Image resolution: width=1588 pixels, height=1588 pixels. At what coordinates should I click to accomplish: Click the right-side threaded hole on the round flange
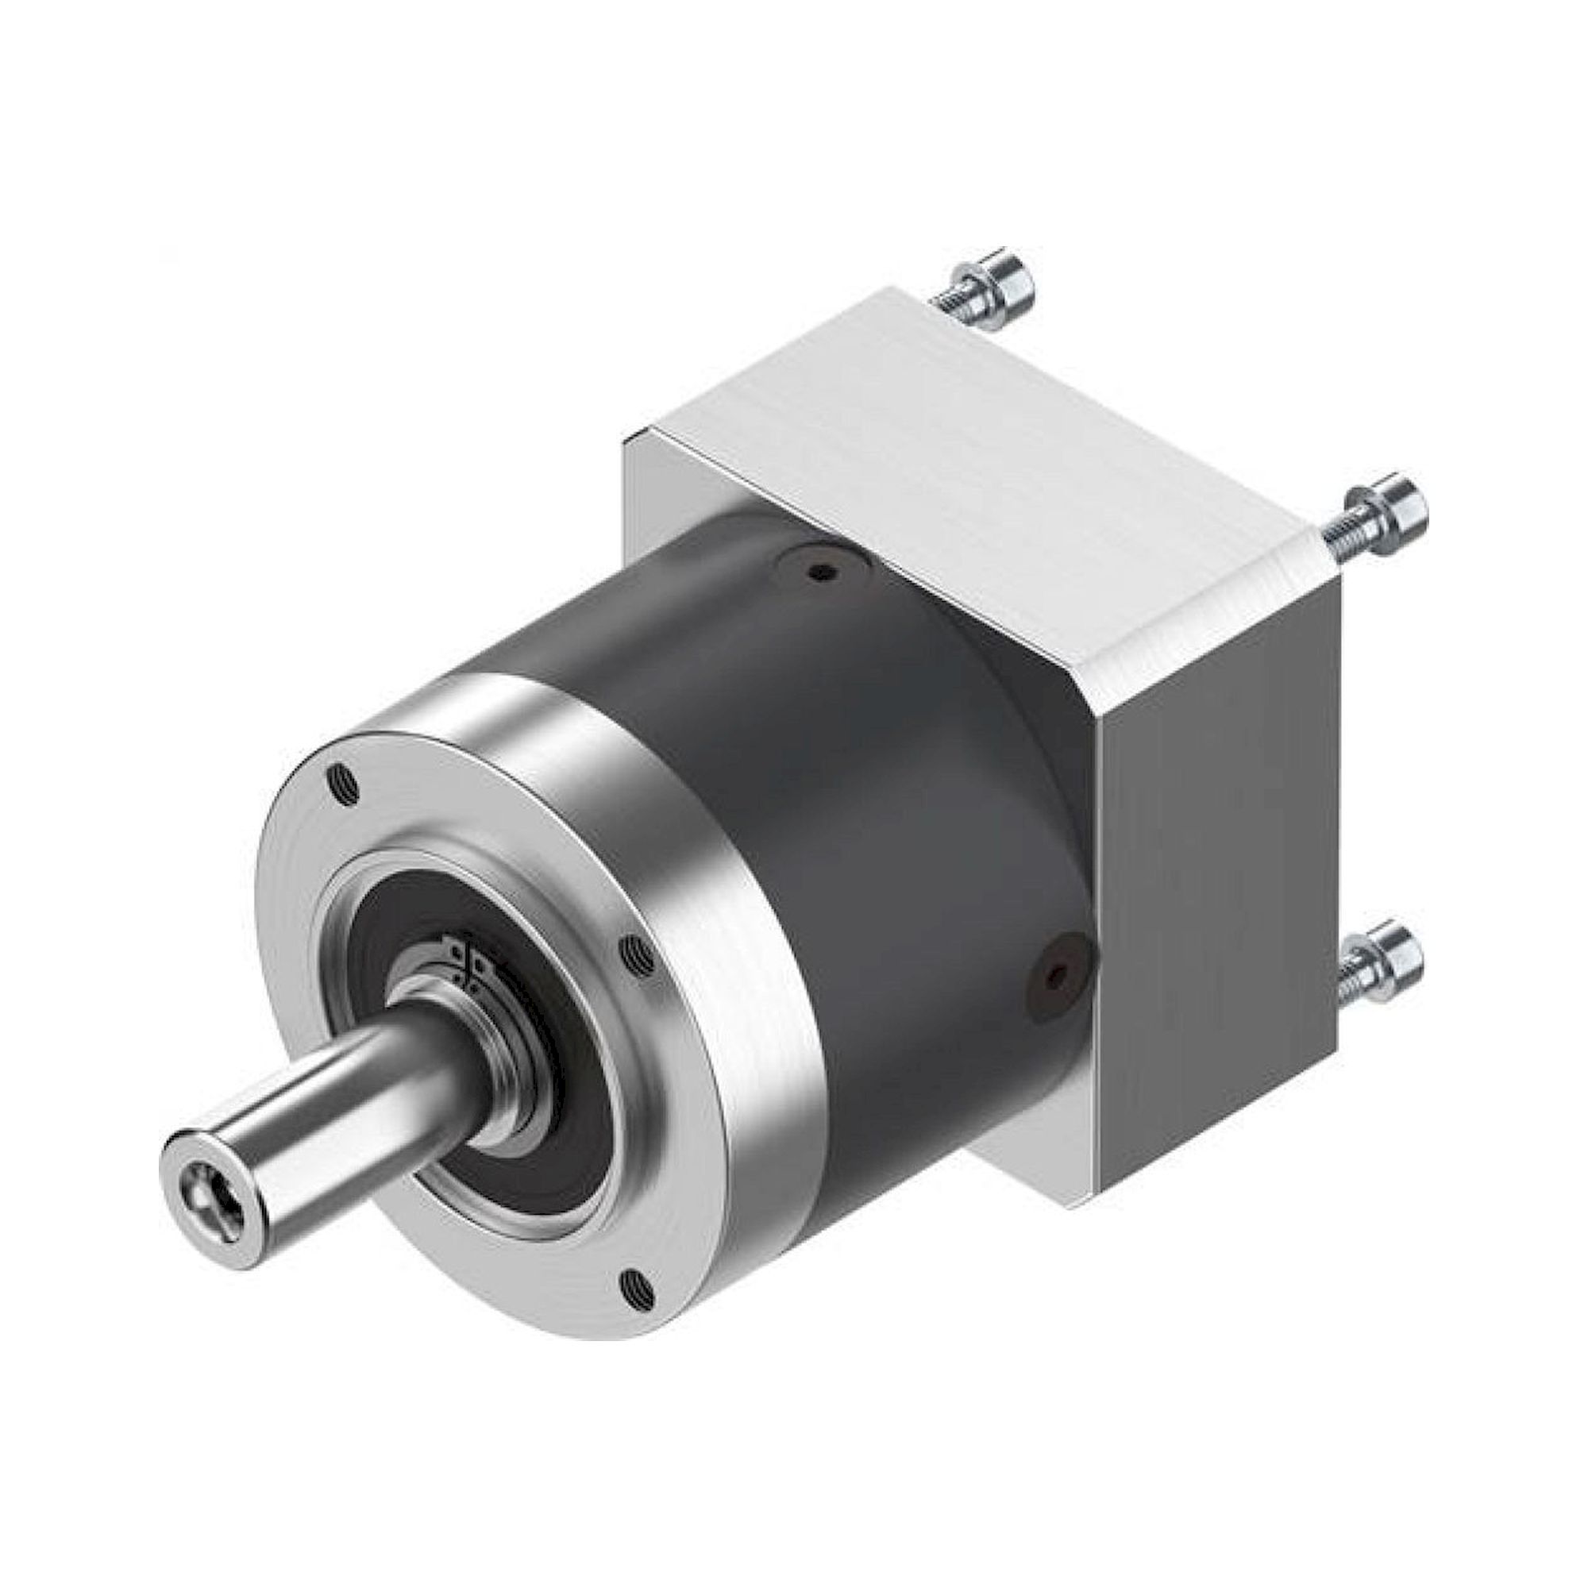[637, 954]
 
